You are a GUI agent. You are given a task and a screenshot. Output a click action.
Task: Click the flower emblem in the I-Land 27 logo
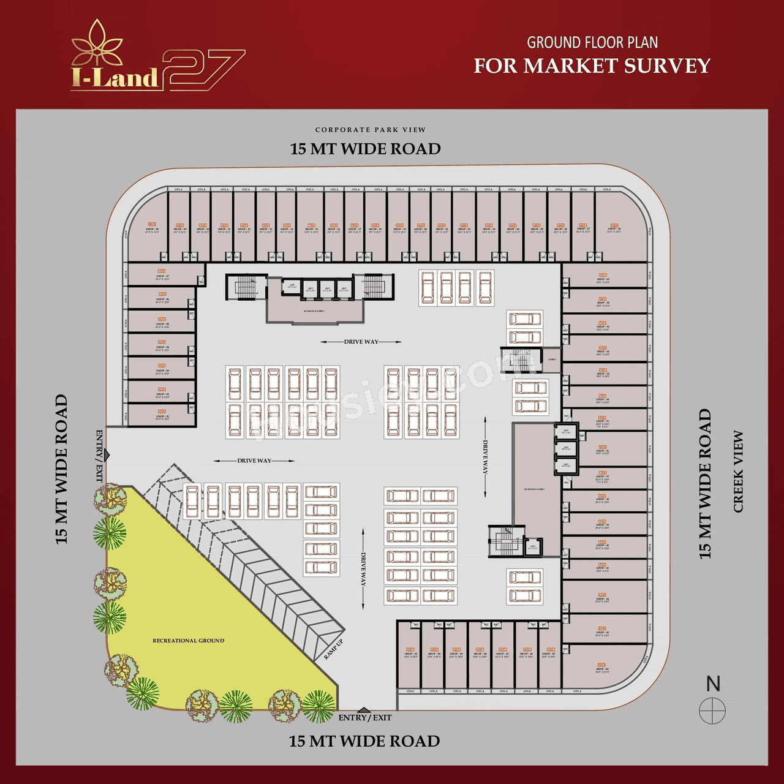click(x=97, y=44)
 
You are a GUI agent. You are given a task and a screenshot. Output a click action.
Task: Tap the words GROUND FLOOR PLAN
click(x=592, y=43)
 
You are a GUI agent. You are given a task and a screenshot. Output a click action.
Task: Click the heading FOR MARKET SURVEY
click(x=592, y=66)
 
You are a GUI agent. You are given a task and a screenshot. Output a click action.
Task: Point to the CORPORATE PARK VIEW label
click(x=370, y=130)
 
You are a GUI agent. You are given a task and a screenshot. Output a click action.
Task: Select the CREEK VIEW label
click(x=738, y=472)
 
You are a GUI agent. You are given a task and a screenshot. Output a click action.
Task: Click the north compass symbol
click(x=712, y=711)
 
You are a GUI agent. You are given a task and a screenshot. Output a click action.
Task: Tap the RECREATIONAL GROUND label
click(x=188, y=641)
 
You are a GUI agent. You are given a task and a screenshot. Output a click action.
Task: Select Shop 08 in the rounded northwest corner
click(x=151, y=230)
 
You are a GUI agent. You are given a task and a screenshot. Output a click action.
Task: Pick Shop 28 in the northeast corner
click(x=614, y=230)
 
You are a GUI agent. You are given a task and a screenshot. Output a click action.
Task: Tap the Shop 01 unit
click(x=162, y=417)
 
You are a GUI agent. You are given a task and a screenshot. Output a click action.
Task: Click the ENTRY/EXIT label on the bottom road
click(x=365, y=717)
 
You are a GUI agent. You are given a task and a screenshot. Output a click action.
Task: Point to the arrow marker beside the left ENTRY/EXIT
click(x=107, y=455)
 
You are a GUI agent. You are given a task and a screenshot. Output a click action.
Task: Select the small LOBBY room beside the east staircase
click(x=552, y=360)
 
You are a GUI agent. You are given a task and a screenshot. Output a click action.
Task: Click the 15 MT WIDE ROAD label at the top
click(x=365, y=149)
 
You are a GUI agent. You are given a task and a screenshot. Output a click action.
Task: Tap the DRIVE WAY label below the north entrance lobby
click(x=361, y=342)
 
